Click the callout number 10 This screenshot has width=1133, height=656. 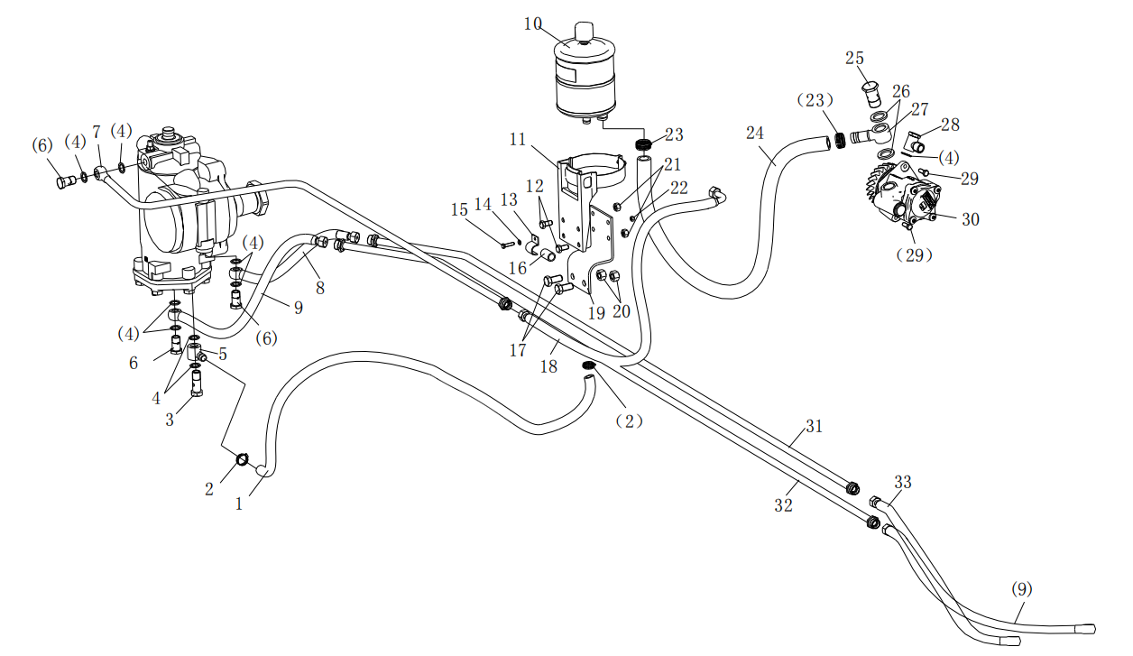point(533,23)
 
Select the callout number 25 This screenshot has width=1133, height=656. point(855,59)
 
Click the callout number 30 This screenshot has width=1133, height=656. point(970,219)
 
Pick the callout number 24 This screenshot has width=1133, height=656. point(755,134)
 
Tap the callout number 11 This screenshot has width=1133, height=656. point(517,140)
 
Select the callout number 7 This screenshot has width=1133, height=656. point(97,133)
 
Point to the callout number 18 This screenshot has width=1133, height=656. point(548,367)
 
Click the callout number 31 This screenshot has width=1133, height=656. point(815,427)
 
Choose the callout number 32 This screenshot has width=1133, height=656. point(783,505)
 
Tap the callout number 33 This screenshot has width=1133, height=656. point(903,483)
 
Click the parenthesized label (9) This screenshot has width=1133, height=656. point(1021,590)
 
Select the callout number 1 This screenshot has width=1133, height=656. point(239,504)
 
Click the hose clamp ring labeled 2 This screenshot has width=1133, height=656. point(243,461)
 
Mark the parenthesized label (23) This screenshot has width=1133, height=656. point(815,101)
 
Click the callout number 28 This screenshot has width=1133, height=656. point(950,125)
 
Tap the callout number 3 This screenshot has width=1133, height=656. point(170,420)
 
